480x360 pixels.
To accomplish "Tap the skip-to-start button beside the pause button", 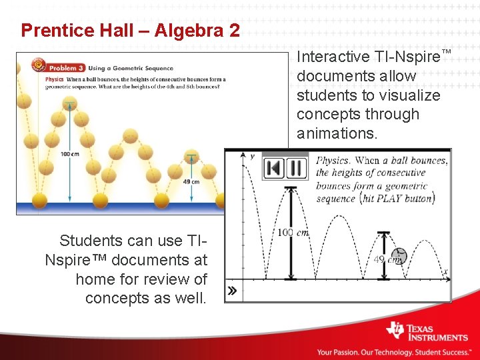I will pos(273,168).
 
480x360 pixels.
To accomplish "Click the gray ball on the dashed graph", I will pos(399,254).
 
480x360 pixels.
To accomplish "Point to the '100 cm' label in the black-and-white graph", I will pos(293,233).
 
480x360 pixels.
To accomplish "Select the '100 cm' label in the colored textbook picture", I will pos(70,154).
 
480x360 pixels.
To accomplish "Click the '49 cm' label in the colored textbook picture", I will pos(192,181).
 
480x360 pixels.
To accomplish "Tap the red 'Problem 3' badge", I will pos(60,67).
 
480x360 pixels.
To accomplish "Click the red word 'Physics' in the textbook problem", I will pos(55,79).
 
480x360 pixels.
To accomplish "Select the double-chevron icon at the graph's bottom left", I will pos(232,291).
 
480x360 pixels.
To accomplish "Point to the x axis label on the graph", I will pos(445,271).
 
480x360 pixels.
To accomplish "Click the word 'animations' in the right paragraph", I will pos(337,133).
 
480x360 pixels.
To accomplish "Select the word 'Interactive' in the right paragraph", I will pos(333,57).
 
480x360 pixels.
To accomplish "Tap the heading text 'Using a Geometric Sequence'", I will pos(131,68).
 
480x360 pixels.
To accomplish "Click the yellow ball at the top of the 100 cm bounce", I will pos(69,103).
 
